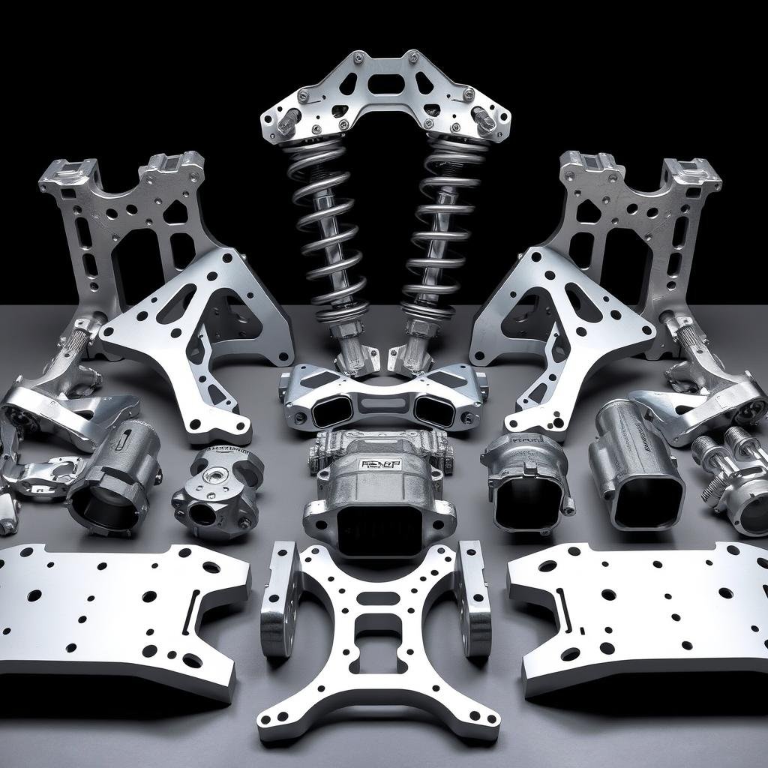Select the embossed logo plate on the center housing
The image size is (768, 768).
(381, 464)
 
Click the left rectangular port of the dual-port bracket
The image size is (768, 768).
(331, 409)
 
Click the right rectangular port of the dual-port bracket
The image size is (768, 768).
(434, 410)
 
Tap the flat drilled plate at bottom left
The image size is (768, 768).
(112, 607)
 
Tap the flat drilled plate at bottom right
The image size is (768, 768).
(645, 607)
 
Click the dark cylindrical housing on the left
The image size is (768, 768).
(112, 480)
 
